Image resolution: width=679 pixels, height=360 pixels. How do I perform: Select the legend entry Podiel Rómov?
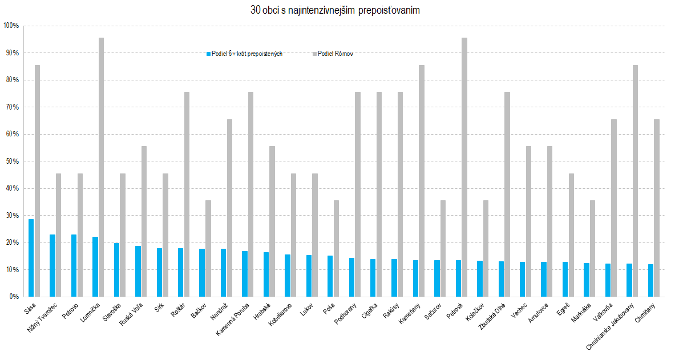336,54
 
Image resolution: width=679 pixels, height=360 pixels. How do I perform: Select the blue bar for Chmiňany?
651,280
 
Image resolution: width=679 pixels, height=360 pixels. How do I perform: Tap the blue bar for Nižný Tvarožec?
52,265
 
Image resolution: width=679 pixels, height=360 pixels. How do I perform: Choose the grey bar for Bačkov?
208,248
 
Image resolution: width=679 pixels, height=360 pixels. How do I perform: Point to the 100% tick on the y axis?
11,26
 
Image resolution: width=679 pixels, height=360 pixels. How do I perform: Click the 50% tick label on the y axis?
11,161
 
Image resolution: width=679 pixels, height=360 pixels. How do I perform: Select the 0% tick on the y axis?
13,297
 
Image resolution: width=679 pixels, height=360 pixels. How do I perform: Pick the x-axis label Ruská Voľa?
132,313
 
